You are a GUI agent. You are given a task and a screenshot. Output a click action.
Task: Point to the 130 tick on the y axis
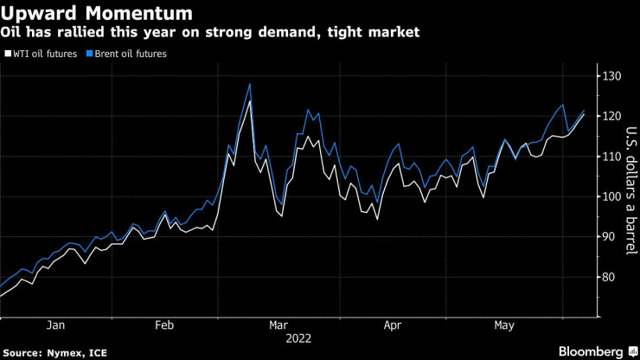[614, 76]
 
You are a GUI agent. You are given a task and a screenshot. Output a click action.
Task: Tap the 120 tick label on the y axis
[614, 116]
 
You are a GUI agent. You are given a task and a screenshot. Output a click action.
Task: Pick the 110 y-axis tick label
[614, 156]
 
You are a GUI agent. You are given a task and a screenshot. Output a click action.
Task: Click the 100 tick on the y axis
[614, 196]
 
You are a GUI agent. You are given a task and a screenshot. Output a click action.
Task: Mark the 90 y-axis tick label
[611, 236]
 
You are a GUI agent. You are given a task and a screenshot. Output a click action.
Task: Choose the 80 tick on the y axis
[611, 277]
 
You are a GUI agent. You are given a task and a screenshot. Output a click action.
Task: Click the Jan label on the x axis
[54, 325]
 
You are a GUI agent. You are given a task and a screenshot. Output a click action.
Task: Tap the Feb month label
[164, 325]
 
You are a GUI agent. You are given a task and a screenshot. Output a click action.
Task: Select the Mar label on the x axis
[278, 325]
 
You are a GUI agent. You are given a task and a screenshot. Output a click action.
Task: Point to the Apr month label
[391, 325]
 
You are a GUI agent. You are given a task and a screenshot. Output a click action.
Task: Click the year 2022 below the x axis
[298, 338]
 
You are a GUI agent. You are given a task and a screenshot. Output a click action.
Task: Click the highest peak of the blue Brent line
[250, 84]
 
